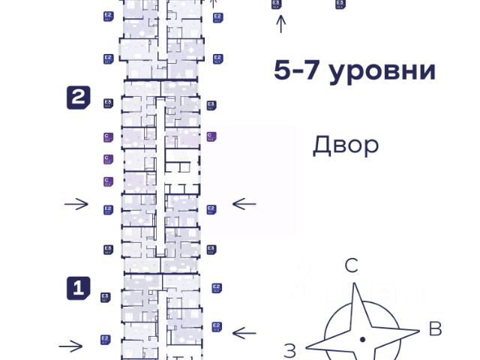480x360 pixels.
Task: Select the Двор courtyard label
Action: point(346,145)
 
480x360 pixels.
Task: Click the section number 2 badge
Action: point(79,97)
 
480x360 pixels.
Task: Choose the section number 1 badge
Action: point(79,288)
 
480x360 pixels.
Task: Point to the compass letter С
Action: point(351,265)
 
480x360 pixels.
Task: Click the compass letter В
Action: point(434,328)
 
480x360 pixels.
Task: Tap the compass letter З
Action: point(290,349)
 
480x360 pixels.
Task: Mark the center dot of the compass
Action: point(362,339)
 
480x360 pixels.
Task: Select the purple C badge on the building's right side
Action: point(211,136)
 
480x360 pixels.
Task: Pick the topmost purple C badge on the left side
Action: point(108,136)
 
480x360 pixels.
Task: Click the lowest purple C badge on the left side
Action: point(108,181)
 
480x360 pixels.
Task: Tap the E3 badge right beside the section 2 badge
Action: point(108,103)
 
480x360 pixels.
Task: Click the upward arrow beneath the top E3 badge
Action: point(281,24)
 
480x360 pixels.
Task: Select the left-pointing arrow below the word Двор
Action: point(244,203)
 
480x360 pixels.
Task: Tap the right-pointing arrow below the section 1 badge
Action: point(70,346)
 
